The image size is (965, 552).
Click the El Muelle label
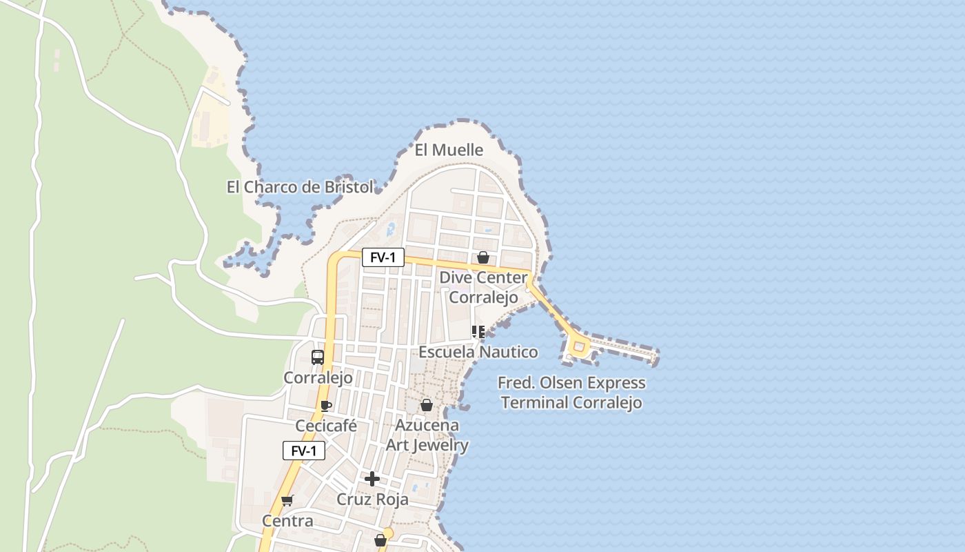(449, 150)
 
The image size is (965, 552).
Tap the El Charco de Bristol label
(300, 187)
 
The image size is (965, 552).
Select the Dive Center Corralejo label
(483, 287)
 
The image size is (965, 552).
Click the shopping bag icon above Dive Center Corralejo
(483, 257)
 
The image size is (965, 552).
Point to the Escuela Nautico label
(478, 352)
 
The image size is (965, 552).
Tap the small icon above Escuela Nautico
(478, 332)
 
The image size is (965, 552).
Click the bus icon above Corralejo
(318, 357)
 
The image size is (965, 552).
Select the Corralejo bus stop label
(318, 377)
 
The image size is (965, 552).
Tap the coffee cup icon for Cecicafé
(326, 406)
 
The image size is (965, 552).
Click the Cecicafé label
(326, 426)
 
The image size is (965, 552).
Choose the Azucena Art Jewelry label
(427, 435)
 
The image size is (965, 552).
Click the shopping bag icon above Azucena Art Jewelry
(427, 405)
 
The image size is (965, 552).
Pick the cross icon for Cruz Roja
(372, 478)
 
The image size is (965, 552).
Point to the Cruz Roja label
(372, 499)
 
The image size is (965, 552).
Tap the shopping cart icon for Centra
(287, 500)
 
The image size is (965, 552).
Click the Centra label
(287, 521)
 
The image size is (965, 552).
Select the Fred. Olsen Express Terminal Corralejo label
(571, 392)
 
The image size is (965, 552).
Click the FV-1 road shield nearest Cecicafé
(304, 451)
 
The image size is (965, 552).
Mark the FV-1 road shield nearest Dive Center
(383, 257)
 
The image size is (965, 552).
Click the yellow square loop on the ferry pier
(578, 346)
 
